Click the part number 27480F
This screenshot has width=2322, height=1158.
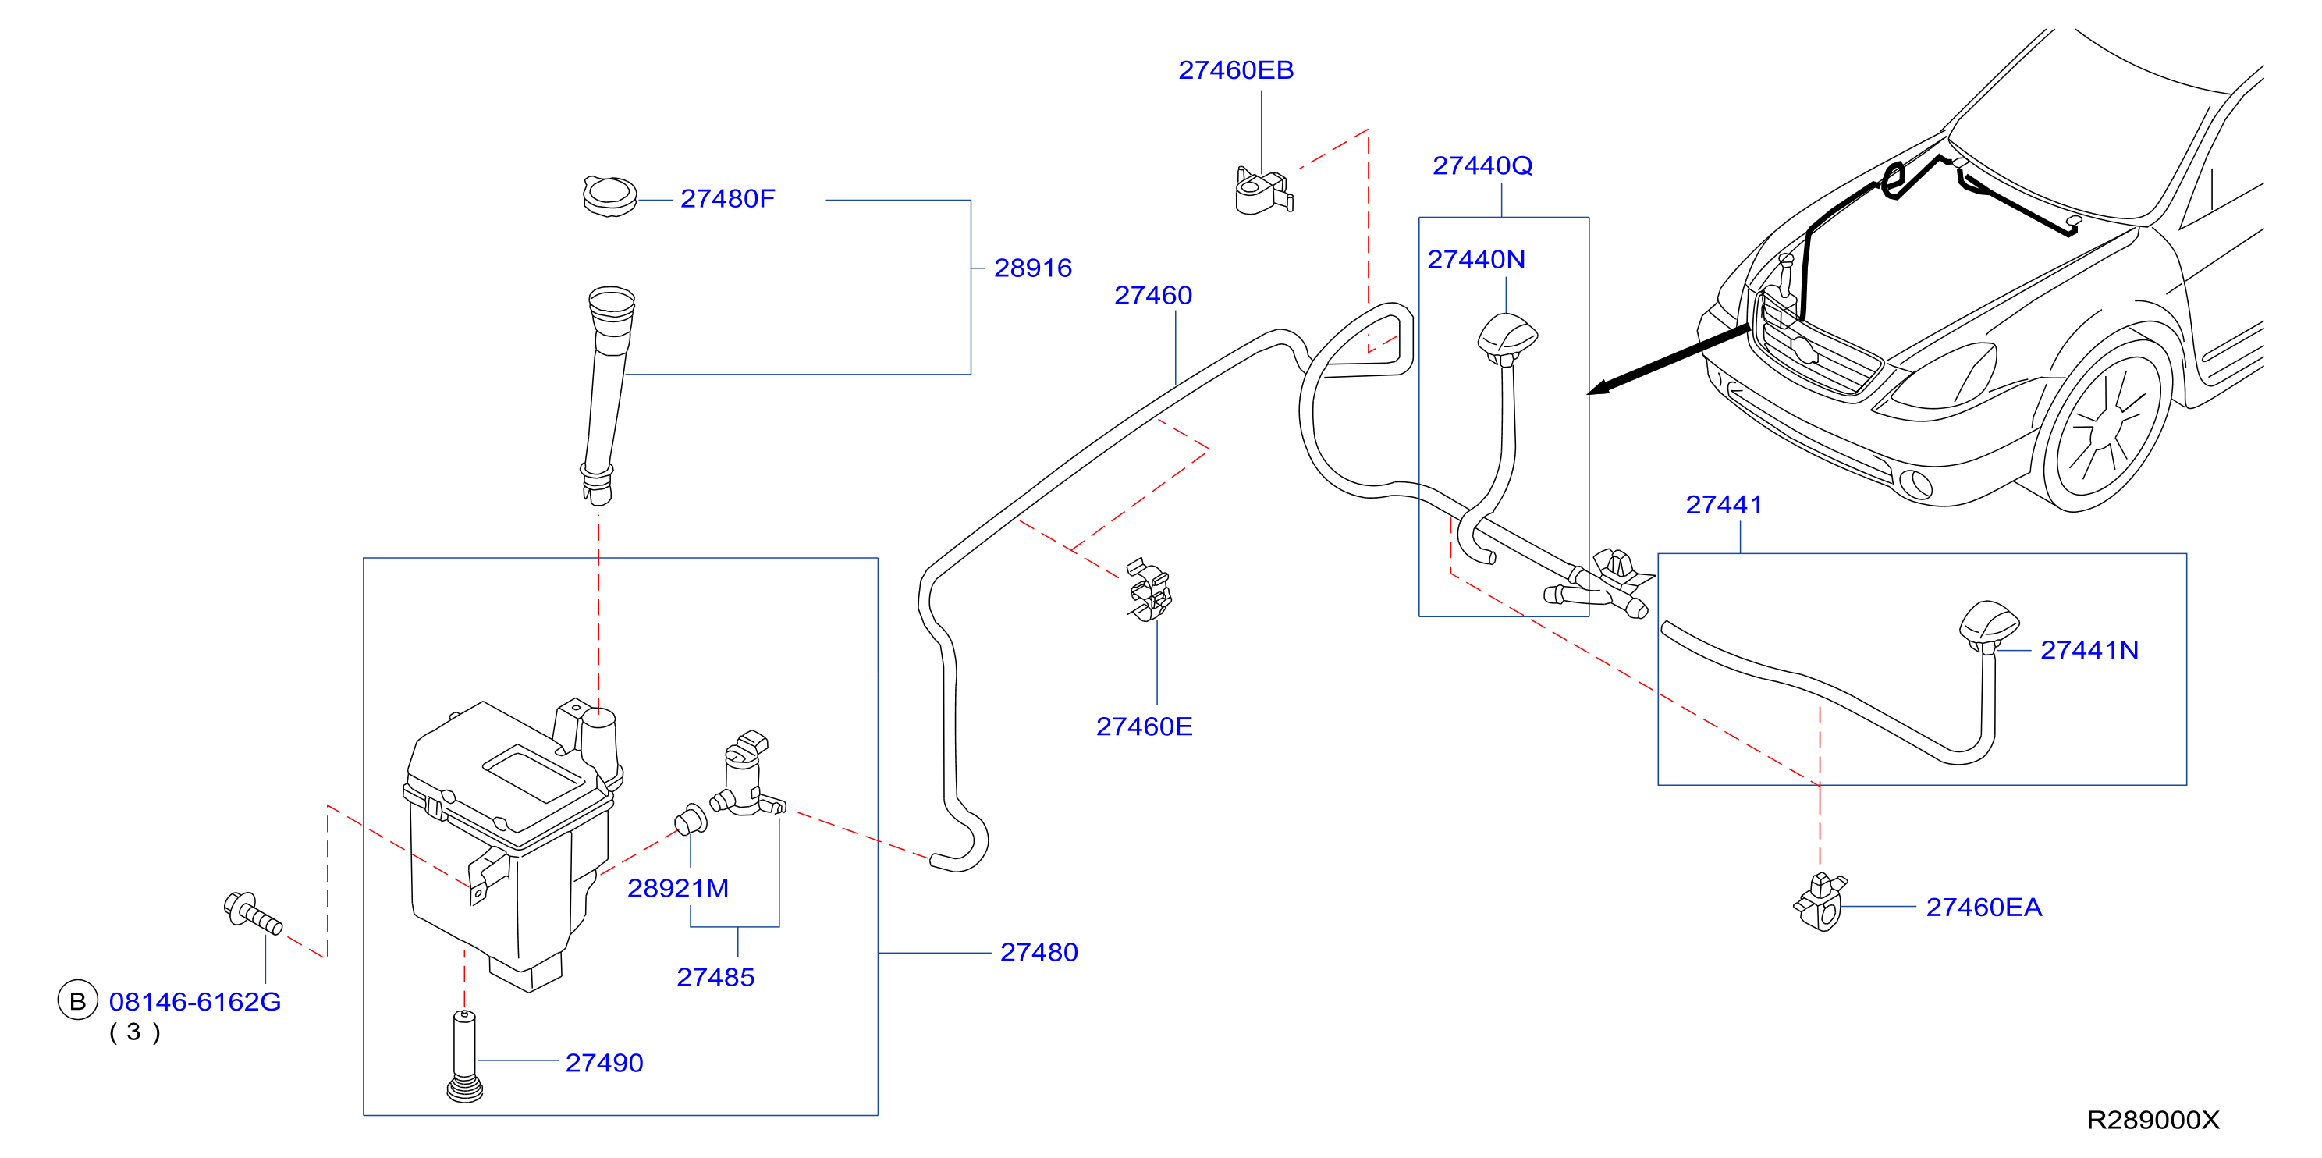click(726, 198)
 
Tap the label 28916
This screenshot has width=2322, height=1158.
click(1032, 268)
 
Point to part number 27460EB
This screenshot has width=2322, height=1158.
click(1236, 69)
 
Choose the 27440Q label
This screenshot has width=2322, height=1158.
click(1482, 165)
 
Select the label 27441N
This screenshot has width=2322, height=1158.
click(2089, 650)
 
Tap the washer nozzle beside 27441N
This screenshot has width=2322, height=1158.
click(1989, 623)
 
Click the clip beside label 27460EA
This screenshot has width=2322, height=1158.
click(1821, 901)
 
